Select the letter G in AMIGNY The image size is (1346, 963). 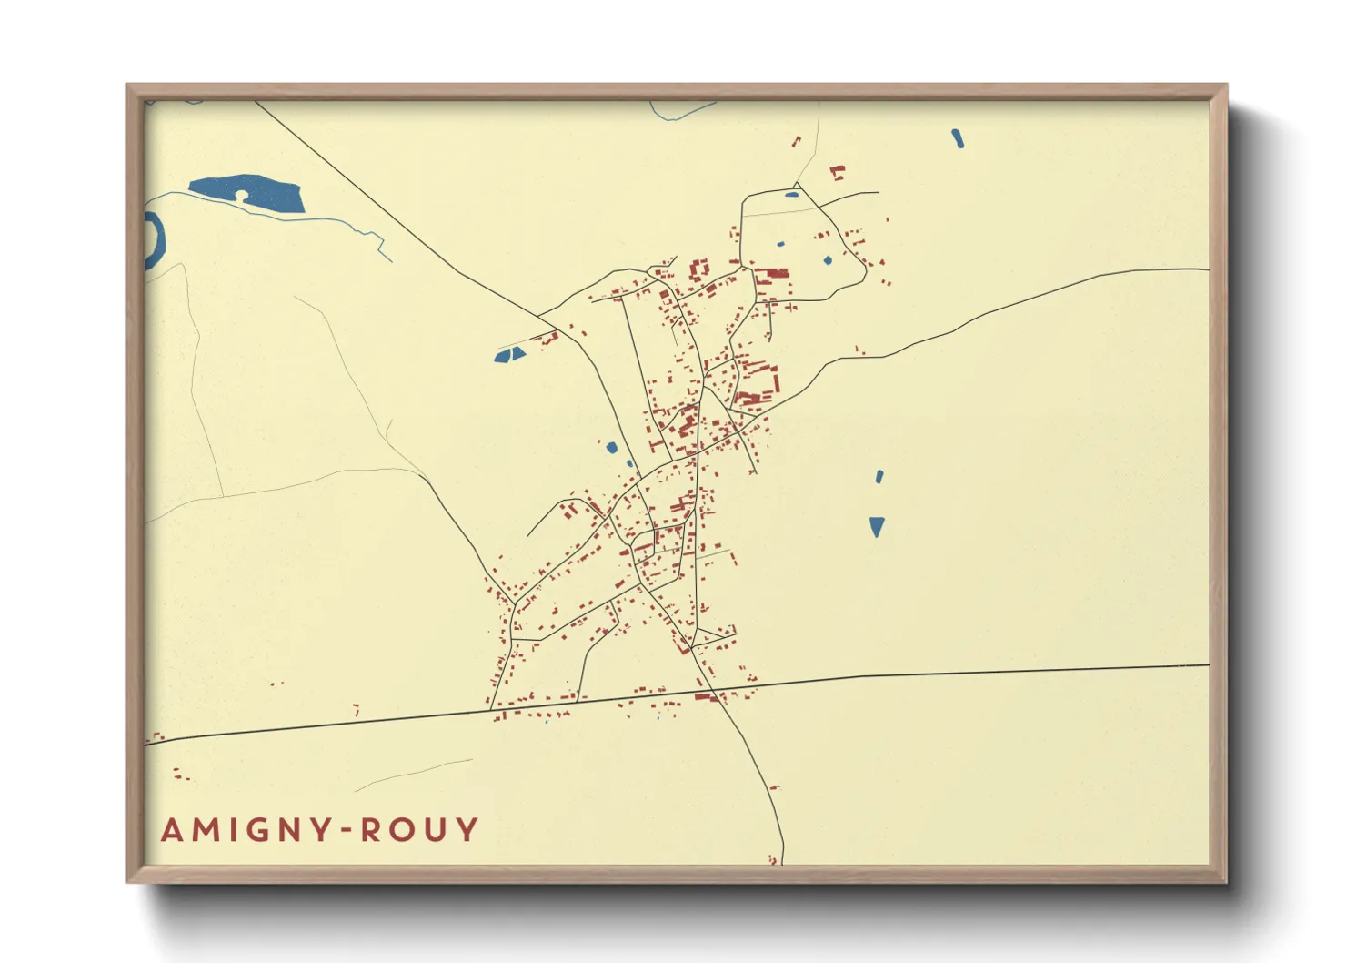254,830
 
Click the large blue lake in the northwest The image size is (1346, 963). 264,193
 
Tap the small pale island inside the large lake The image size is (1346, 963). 241,196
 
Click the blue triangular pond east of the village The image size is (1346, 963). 877,526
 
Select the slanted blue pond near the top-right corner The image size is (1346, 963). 957,138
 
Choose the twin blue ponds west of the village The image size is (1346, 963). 509,355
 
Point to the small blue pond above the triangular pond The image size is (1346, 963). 879,476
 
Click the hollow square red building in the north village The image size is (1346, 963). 699,270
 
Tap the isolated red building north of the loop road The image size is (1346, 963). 838,171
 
